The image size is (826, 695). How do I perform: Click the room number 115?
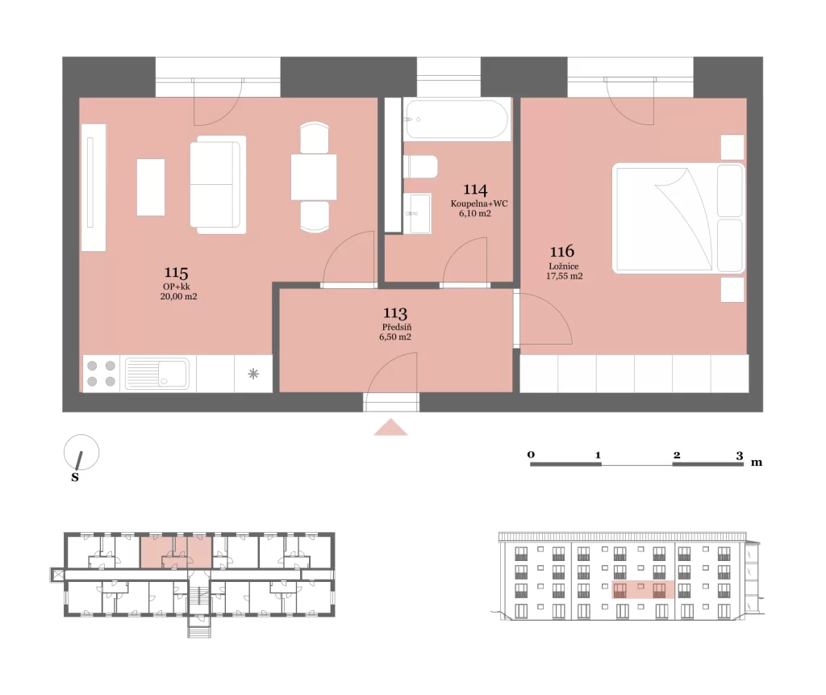click(x=176, y=273)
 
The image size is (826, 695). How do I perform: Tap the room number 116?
click(x=562, y=252)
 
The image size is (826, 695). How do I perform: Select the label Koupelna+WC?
click(x=479, y=203)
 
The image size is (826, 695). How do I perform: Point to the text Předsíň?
click(x=397, y=327)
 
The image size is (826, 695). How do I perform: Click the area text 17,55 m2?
click(x=564, y=276)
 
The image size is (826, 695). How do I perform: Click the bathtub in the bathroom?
click(x=457, y=119)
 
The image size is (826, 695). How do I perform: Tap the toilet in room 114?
click(x=420, y=167)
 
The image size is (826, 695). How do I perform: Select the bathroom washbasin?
click(x=417, y=213)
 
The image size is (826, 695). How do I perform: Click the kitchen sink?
click(x=157, y=374)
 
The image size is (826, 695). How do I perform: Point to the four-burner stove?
click(x=101, y=374)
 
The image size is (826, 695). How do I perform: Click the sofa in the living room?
click(x=218, y=185)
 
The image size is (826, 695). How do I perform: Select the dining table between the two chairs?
click(x=314, y=177)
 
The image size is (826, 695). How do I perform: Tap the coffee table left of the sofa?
click(x=151, y=187)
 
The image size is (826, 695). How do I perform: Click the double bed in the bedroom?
click(x=678, y=218)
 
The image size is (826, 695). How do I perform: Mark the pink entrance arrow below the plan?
click(x=390, y=427)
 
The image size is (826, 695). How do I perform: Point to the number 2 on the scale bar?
click(x=677, y=455)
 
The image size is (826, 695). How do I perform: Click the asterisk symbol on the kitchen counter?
click(x=253, y=374)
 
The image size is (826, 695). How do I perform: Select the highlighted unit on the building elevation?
click(x=643, y=589)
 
